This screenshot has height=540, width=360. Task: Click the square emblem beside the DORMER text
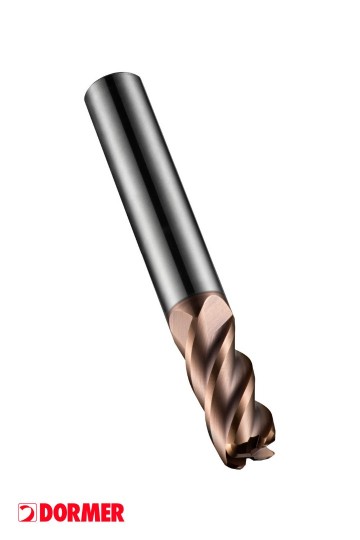tap(27, 513)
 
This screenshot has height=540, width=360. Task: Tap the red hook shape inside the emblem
tap(28, 513)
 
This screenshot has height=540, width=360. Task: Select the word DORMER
tap(82, 513)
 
